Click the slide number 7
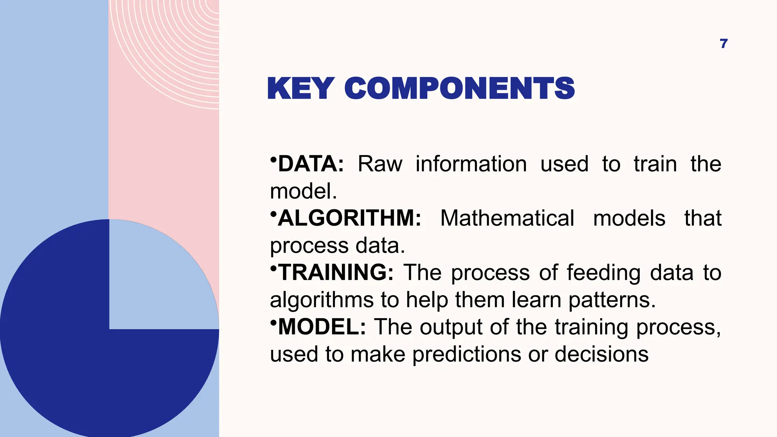(724, 44)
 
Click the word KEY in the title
(300, 88)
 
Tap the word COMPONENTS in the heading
(459, 88)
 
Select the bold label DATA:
(311, 164)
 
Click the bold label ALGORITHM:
(349, 218)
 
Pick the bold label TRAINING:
(336, 272)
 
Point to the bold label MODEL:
(322, 327)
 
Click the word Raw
(380, 164)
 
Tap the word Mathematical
(507, 218)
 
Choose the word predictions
(466, 355)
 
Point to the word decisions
(601, 354)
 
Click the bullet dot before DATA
(273, 159)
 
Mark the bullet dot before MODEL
(273, 322)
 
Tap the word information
(471, 164)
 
